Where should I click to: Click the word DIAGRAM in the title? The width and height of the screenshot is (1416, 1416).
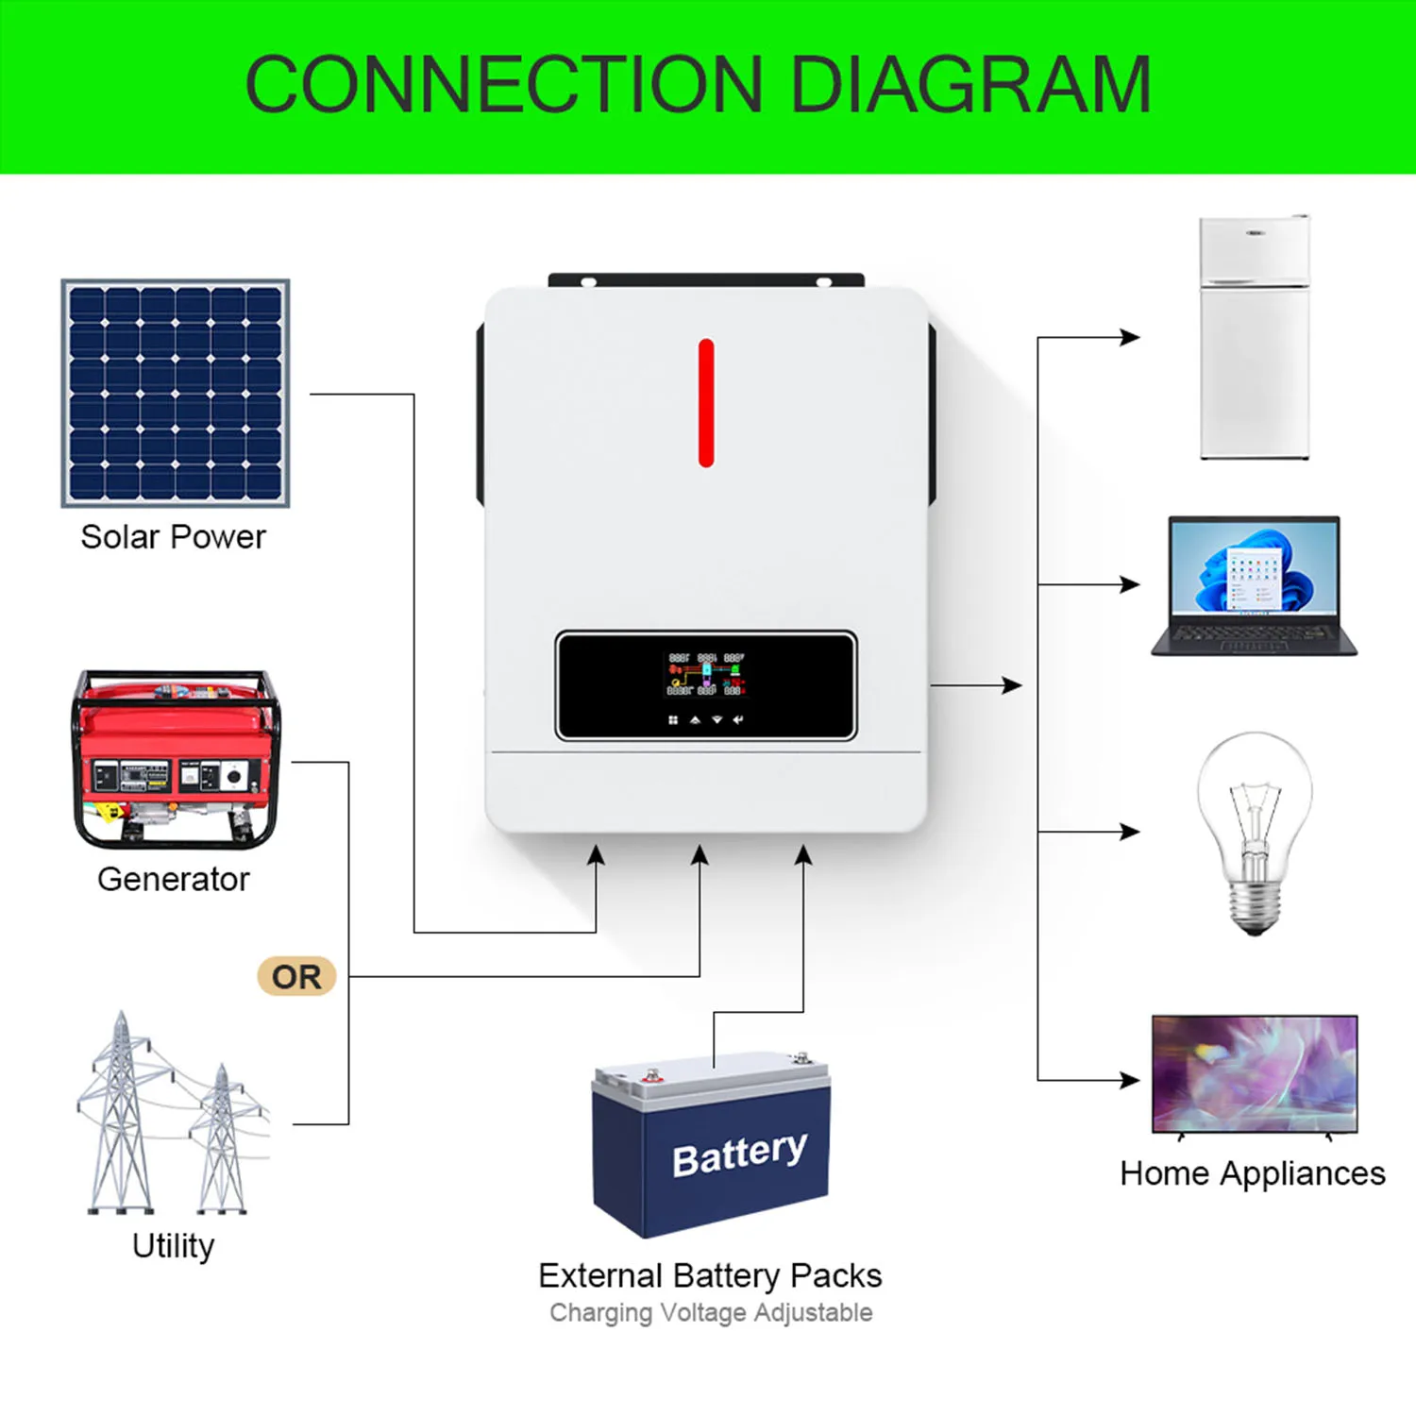click(970, 85)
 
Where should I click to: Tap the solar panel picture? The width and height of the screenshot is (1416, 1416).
click(176, 393)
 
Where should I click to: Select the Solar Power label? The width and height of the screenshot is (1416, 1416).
click(173, 537)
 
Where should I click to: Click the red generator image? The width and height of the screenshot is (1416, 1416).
click(176, 760)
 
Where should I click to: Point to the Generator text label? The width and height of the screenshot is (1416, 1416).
click(174, 880)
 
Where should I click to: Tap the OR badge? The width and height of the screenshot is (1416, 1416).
click(296, 977)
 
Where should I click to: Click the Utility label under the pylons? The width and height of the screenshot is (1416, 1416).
click(174, 1246)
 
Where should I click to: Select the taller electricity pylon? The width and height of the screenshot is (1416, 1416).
click(120, 1114)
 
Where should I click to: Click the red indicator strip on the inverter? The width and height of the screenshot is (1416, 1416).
click(706, 403)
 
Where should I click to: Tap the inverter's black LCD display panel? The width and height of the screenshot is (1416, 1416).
click(706, 685)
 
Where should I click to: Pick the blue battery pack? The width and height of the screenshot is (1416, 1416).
click(711, 1147)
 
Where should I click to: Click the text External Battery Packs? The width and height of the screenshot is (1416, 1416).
click(710, 1276)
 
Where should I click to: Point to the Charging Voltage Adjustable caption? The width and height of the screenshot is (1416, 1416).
click(711, 1313)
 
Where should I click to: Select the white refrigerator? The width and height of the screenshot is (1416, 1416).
click(1254, 338)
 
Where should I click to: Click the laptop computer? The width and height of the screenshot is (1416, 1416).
click(1254, 585)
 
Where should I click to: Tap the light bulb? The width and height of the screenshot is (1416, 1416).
click(1254, 831)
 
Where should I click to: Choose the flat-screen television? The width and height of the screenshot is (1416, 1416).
click(1255, 1074)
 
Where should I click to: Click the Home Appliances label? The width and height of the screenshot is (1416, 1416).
click(1253, 1174)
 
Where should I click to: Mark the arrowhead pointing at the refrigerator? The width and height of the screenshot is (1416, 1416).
click(1130, 337)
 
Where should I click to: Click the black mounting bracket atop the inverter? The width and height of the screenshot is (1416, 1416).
click(706, 279)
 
